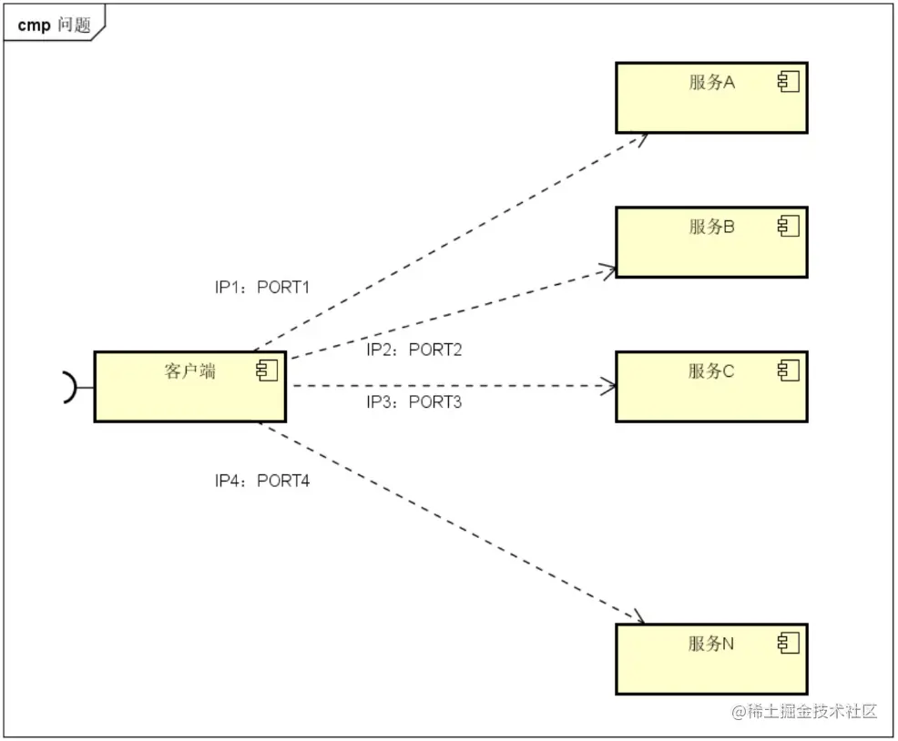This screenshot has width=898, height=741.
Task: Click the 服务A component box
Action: point(710,98)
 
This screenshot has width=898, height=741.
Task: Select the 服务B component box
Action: point(710,242)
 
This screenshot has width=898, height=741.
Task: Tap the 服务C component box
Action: point(710,387)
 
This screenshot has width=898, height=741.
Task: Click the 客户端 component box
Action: point(189,387)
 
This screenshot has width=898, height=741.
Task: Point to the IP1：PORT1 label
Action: point(262,288)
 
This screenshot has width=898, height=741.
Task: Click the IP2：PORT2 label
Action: point(414,350)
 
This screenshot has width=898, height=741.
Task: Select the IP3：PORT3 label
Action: point(414,402)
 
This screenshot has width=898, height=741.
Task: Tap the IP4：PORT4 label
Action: point(262,481)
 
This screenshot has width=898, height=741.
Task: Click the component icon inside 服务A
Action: point(788,83)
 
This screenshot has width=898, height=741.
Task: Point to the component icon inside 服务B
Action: point(788,227)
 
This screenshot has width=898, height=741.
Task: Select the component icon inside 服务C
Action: point(788,370)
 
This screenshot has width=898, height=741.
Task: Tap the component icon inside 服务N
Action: point(788,644)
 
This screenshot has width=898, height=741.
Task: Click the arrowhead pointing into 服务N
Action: point(639,619)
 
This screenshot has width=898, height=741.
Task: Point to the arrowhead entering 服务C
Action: point(610,386)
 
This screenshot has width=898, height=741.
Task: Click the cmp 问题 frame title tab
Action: point(55,25)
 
